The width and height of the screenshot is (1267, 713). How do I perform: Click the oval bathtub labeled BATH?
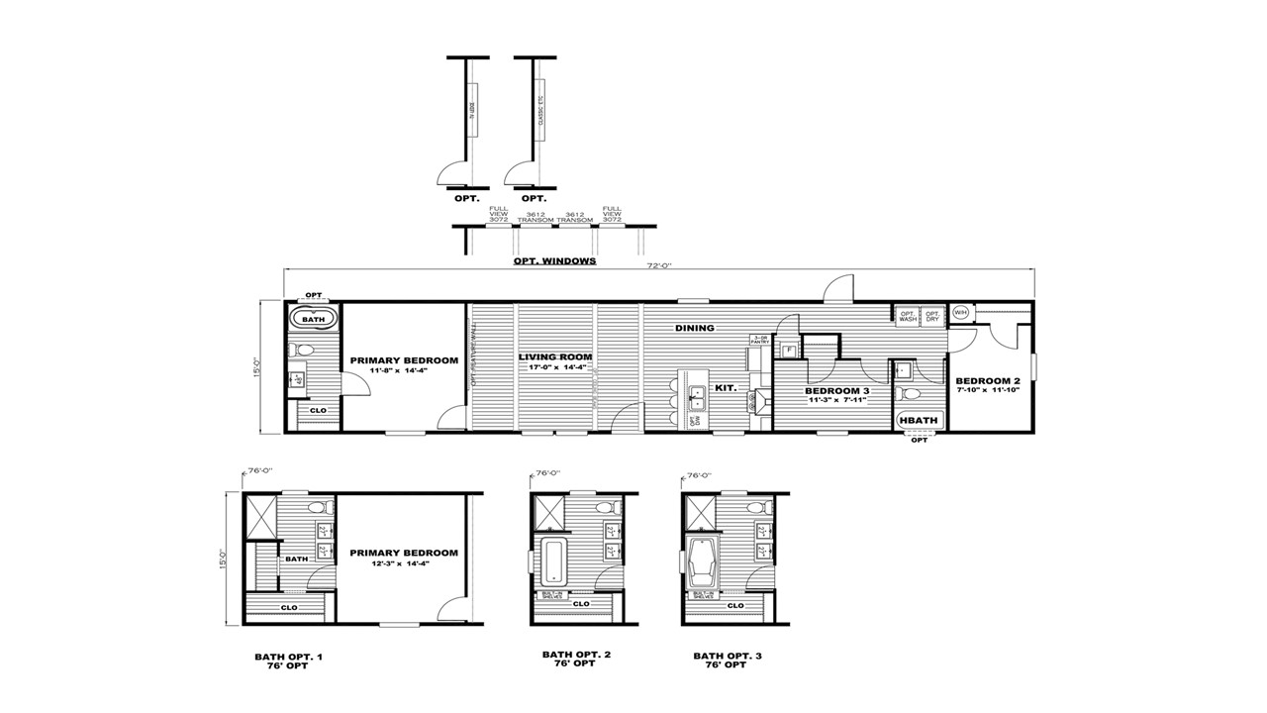tap(313, 320)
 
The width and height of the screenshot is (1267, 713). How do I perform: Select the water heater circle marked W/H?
tap(960, 313)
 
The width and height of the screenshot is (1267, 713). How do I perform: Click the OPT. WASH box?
tap(908, 317)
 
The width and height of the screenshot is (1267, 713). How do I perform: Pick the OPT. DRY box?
tap(932, 317)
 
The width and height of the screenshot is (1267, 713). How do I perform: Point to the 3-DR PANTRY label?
tap(760, 340)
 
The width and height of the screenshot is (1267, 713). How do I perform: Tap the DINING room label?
tap(695, 328)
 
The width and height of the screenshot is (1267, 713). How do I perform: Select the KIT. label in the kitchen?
tap(727, 388)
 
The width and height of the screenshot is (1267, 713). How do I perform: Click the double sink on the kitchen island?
tap(697, 396)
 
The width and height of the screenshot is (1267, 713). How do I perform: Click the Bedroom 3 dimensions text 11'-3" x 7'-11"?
tap(837, 400)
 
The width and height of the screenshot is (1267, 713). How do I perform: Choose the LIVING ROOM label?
tap(555, 356)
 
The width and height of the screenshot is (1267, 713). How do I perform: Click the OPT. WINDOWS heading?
tap(554, 261)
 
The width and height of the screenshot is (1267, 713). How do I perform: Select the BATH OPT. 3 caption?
tap(728, 656)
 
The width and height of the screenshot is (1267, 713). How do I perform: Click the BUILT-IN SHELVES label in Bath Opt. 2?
tap(550, 595)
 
